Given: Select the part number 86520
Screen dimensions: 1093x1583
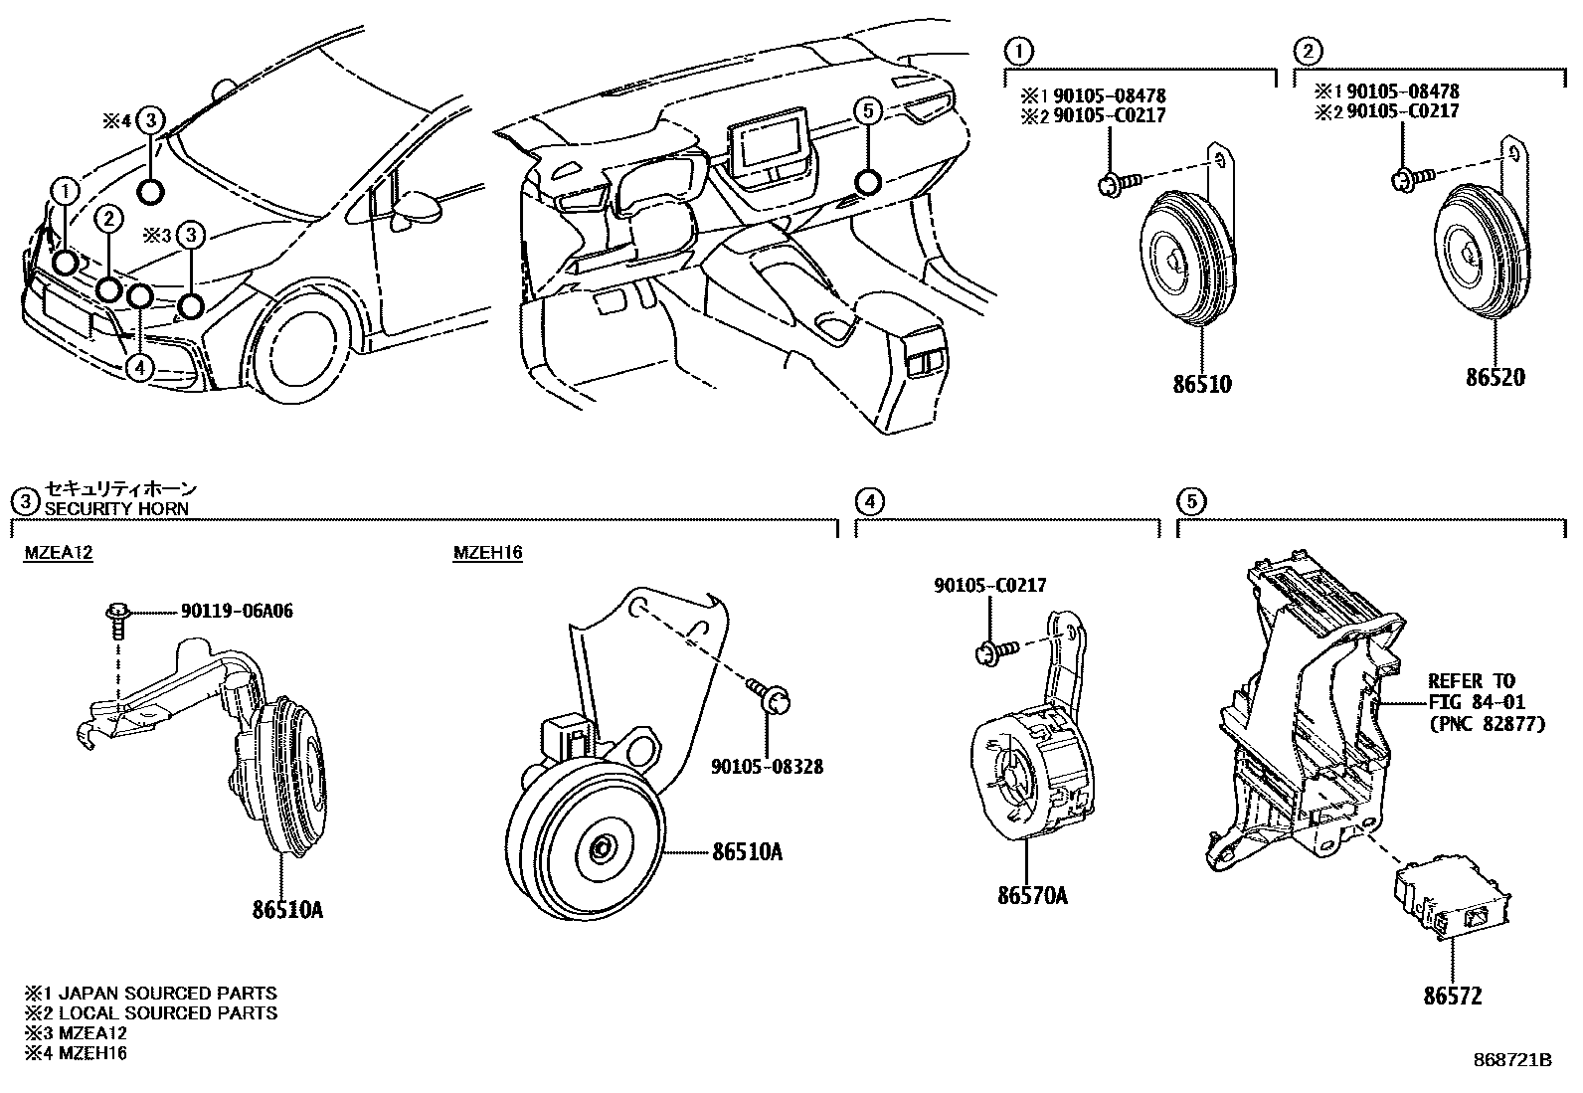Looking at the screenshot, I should tap(1495, 377).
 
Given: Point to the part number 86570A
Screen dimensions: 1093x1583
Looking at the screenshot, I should tap(1032, 895).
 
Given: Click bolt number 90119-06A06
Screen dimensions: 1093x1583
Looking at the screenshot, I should tap(237, 611).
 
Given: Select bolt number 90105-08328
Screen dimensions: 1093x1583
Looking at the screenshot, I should tap(767, 767).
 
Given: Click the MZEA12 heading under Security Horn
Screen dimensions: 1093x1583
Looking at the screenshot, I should tap(59, 553).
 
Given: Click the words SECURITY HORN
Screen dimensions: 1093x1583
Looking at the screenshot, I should tap(116, 508).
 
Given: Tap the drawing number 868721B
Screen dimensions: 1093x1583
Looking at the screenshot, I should tap(1511, 1060).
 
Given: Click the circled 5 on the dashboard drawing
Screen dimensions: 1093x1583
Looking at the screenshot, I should tap(867, 111).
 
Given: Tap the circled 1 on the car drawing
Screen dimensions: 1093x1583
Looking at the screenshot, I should tap(65, 190).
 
